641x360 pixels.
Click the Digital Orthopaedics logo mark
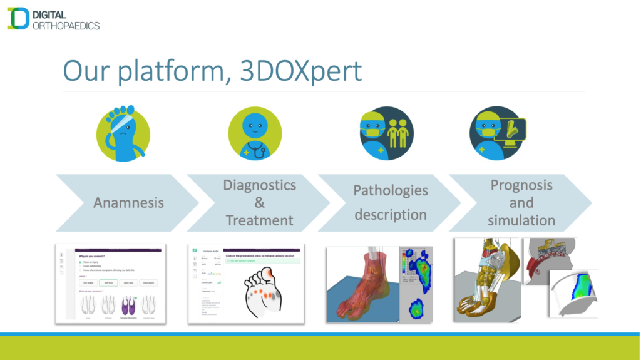pos(18,18)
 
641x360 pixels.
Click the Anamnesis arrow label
pos(128,202)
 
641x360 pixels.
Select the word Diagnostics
pos(259,185)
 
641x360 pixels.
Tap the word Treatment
pos(259,220)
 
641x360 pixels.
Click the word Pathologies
pos(391,190)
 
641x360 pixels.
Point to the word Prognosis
pos(521,185)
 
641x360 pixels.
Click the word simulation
pos(521,220)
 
